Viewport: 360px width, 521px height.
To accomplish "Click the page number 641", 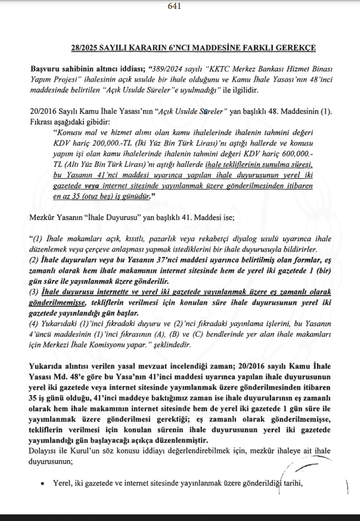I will (174, 6).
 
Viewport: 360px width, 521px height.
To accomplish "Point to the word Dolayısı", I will (44, 451).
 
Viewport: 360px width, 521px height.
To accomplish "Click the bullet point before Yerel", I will (42, 483).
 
